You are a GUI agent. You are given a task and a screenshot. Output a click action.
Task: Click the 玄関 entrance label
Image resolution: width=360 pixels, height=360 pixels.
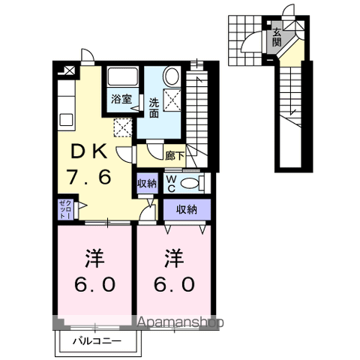(x=277, y=37)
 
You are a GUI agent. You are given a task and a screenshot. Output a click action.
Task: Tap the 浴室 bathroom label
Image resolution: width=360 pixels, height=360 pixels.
(x=121, y=100)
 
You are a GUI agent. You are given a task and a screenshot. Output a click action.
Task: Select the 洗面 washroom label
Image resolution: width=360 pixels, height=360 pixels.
(x=154, y=108)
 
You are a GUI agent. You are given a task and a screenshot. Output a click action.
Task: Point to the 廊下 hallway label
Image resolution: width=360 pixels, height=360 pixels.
(x=175, y=156)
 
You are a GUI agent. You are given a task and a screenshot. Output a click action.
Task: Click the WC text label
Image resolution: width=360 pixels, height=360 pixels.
(x=171, y=184)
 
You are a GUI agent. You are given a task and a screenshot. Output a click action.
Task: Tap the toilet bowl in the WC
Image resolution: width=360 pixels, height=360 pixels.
(x=189, y=184)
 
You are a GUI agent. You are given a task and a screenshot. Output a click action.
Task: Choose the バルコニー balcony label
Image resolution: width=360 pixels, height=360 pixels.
(x=97, y=341)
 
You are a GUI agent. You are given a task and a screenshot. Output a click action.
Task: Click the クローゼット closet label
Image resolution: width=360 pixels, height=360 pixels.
(x=66, y=209)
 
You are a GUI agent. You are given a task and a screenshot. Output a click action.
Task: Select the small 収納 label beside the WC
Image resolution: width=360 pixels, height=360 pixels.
(x=147, y=184)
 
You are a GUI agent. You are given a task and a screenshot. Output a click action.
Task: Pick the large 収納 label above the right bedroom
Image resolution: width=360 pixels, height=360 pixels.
(x=187, y=209)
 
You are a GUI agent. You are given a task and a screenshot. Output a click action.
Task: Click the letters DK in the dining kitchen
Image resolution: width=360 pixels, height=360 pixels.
(x=89, y=151)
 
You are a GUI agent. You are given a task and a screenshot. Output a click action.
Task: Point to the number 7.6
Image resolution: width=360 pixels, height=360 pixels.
(x=88, y=177)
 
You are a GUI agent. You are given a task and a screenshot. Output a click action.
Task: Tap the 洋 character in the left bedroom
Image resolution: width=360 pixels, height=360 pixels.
(x=94, y=258)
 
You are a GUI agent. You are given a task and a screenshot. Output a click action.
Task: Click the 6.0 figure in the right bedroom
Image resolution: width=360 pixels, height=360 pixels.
(x=174, y=284)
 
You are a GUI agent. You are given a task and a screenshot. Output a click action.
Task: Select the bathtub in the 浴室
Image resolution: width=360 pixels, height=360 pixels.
(x=123, y=76)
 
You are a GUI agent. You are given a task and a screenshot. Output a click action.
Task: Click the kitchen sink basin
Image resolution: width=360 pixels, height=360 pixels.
(x=66, y=120)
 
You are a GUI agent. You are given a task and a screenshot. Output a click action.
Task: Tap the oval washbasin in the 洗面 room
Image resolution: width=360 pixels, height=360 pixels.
(x=171, y=76)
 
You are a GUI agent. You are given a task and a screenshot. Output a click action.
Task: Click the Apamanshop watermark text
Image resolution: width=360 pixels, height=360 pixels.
(x=180, y=322)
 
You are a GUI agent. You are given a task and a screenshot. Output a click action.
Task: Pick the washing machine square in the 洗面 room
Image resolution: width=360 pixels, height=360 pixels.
(x=172, y=100)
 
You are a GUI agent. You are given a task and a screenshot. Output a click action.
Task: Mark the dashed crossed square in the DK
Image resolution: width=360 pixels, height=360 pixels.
(x=123, y=127)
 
